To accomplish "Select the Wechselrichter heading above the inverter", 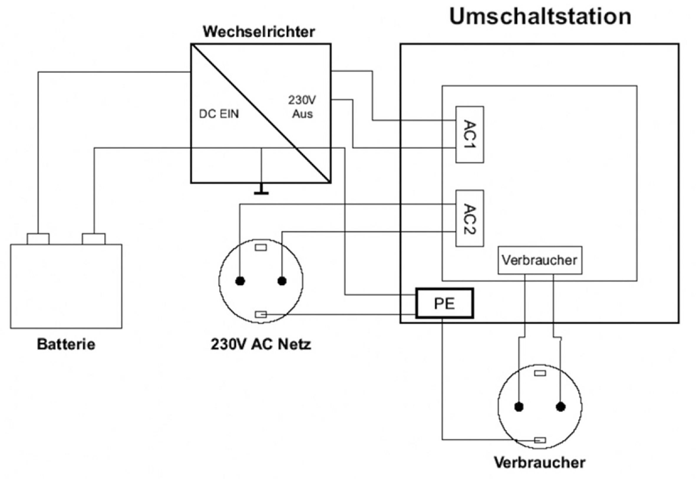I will click(259, 32).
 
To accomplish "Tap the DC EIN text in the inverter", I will click(219, 114).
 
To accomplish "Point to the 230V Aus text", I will click(302, 107).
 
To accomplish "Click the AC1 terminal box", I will click(469, 134).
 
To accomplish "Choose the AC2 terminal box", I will click(469, 218).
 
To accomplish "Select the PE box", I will click(444, 303).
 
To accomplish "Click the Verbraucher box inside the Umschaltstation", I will click(540, 260).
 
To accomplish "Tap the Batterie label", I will click(66, 344).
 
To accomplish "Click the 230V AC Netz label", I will click(261, 344).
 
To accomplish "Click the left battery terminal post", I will click(38, 239).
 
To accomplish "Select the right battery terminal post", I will click(94, 239).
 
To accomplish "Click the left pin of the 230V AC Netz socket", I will click(240, 281).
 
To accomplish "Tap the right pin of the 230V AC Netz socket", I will click(282, 281).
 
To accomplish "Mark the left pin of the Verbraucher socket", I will click(519, 407).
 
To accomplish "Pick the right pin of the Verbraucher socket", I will click(561, 407).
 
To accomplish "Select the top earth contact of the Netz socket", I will click(261, 248).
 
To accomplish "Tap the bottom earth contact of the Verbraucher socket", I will click(540, 440).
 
